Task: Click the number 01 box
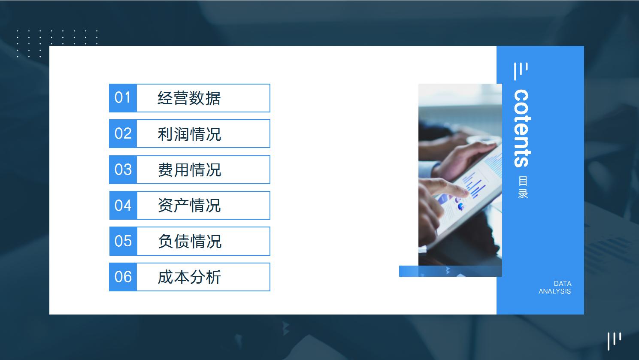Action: click(x=123, y=98)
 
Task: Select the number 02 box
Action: click(x=123, y=133)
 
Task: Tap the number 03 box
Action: click(x=123, y=169)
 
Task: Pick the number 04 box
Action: click(x=123, y=205)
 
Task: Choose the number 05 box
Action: click(x=123, y=241)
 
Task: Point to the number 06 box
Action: click(x=123, y=277)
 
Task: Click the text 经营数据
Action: click(x=189, y=98)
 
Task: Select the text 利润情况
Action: click(x=189, y=134)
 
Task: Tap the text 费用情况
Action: click(x=189, y=170)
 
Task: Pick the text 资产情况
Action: click(x=189, y=206)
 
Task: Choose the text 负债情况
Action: click(x=189, y=241)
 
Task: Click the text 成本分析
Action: click(x=189, y=277)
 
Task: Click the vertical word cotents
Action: click(x=522, y=128)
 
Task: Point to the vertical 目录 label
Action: click(x=523, y=188)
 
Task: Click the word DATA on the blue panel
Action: click(x=562, y=284)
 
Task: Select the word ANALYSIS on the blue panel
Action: click(x=554, y=291)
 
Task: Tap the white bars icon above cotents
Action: click(x=521, y=71)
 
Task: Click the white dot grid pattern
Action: click(x=57, y=43)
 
